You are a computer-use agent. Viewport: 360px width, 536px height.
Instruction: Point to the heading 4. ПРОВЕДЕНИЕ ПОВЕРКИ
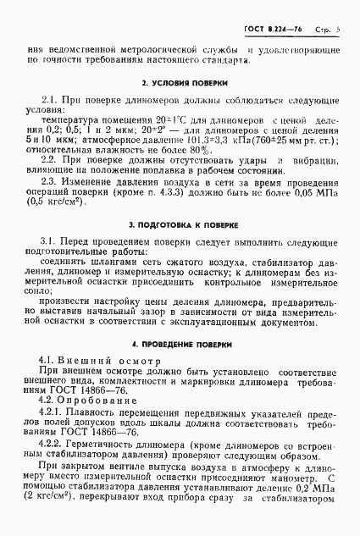(x=180, y=345)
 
